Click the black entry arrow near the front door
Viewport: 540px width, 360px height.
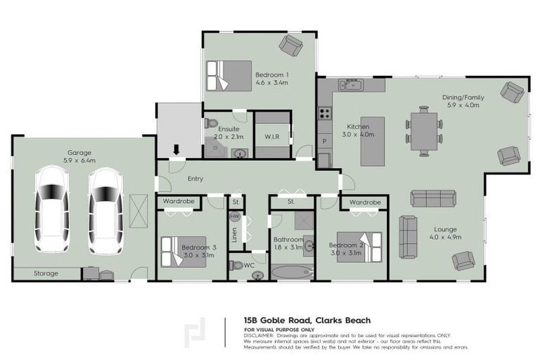coord(176,150)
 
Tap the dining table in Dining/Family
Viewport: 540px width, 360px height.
coord(423,130)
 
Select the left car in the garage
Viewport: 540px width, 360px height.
coord(51,209)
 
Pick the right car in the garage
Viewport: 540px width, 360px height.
coord(105,209)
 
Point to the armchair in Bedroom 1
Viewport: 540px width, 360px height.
coord(290,45)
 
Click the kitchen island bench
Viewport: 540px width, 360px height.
coord(373,141)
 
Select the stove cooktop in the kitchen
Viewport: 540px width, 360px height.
coord(324,113)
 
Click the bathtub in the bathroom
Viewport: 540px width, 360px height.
coord(289,272)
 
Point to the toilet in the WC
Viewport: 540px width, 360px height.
coord(237,265)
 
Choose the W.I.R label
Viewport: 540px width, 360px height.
coord(272,136)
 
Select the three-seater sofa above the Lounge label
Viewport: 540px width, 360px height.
coord(432,198)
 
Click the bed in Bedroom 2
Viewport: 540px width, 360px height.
coord(359,247)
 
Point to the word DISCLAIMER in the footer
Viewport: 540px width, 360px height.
coord(260,335)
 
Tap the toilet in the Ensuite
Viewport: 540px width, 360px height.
coord(211,122)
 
